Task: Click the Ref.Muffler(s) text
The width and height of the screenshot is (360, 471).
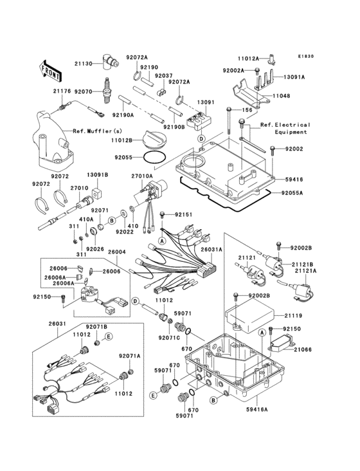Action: [x=93, y=131]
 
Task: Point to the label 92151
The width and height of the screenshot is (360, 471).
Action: [x=183, y=214]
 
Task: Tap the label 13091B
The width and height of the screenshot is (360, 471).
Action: [x=98, y=174]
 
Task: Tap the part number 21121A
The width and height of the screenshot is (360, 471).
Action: [x=305, y=272]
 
